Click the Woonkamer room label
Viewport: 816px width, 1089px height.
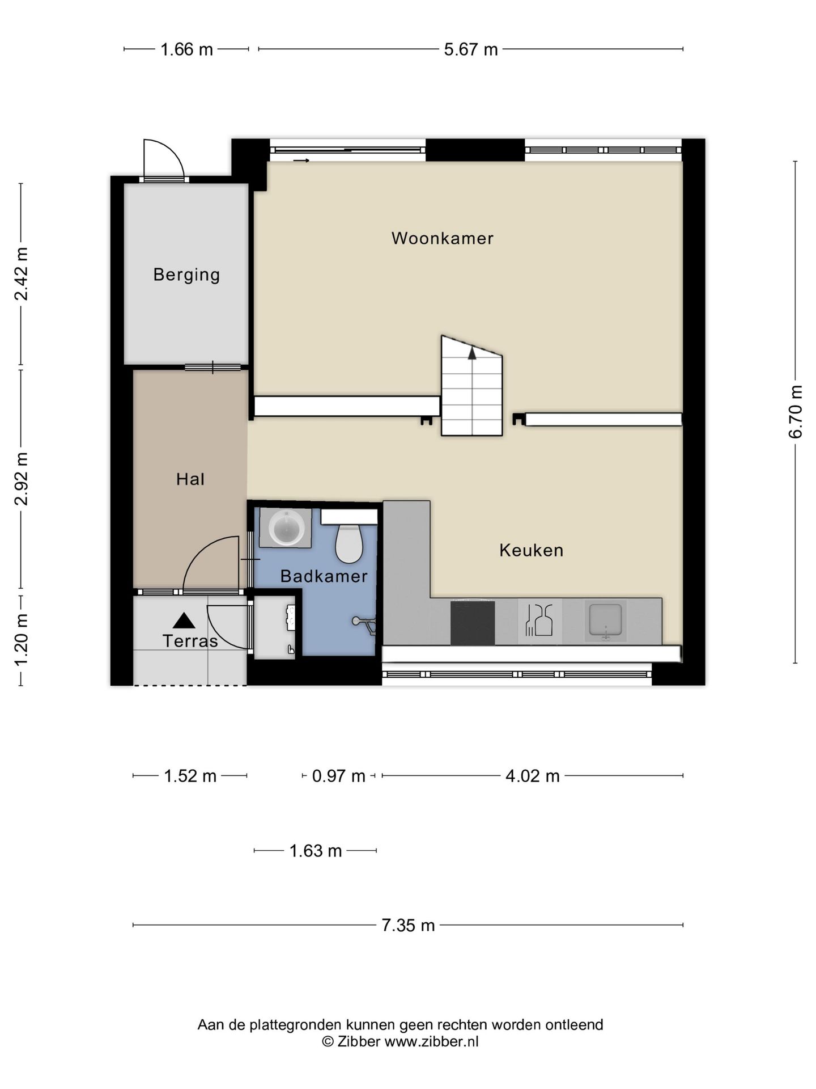pyautogui.click(x=442, y=238)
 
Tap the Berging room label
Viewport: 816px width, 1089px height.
pyautogui.click(x=186, y=275)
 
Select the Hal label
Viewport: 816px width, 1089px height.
pyautogui.click(x=190, y=479)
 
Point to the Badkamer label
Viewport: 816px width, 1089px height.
pyautogui.click(x=324, y=576)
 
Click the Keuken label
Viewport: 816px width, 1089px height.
pyautogui.click(x=531, y=550)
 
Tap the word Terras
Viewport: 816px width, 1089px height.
pyautogui.click(x=190, y=641)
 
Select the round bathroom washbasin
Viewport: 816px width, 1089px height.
pyautogui.click(x=286, y=527)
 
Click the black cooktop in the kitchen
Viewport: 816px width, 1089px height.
pyautogui.click(x=473, y=623)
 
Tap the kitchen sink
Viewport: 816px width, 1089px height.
pyautogui.click(x=606, y=621)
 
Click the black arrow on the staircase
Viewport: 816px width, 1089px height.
pyautogui.click(x=472, y=353)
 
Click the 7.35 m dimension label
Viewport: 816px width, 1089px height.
pyautogui.click(x=408, y=925)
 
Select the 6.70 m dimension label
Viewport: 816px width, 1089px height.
pyautogui.click(x=796, y=412)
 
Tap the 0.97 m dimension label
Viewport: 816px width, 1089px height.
pyautogui.click(x=338, y=775)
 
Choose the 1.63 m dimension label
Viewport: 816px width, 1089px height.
pyautogui.click(x=316, y=851)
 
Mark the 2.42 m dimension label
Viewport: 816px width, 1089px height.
pyautogui.click(x=22, y=274)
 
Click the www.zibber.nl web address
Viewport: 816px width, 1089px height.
pyautogui.click(x=431, y=1041)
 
